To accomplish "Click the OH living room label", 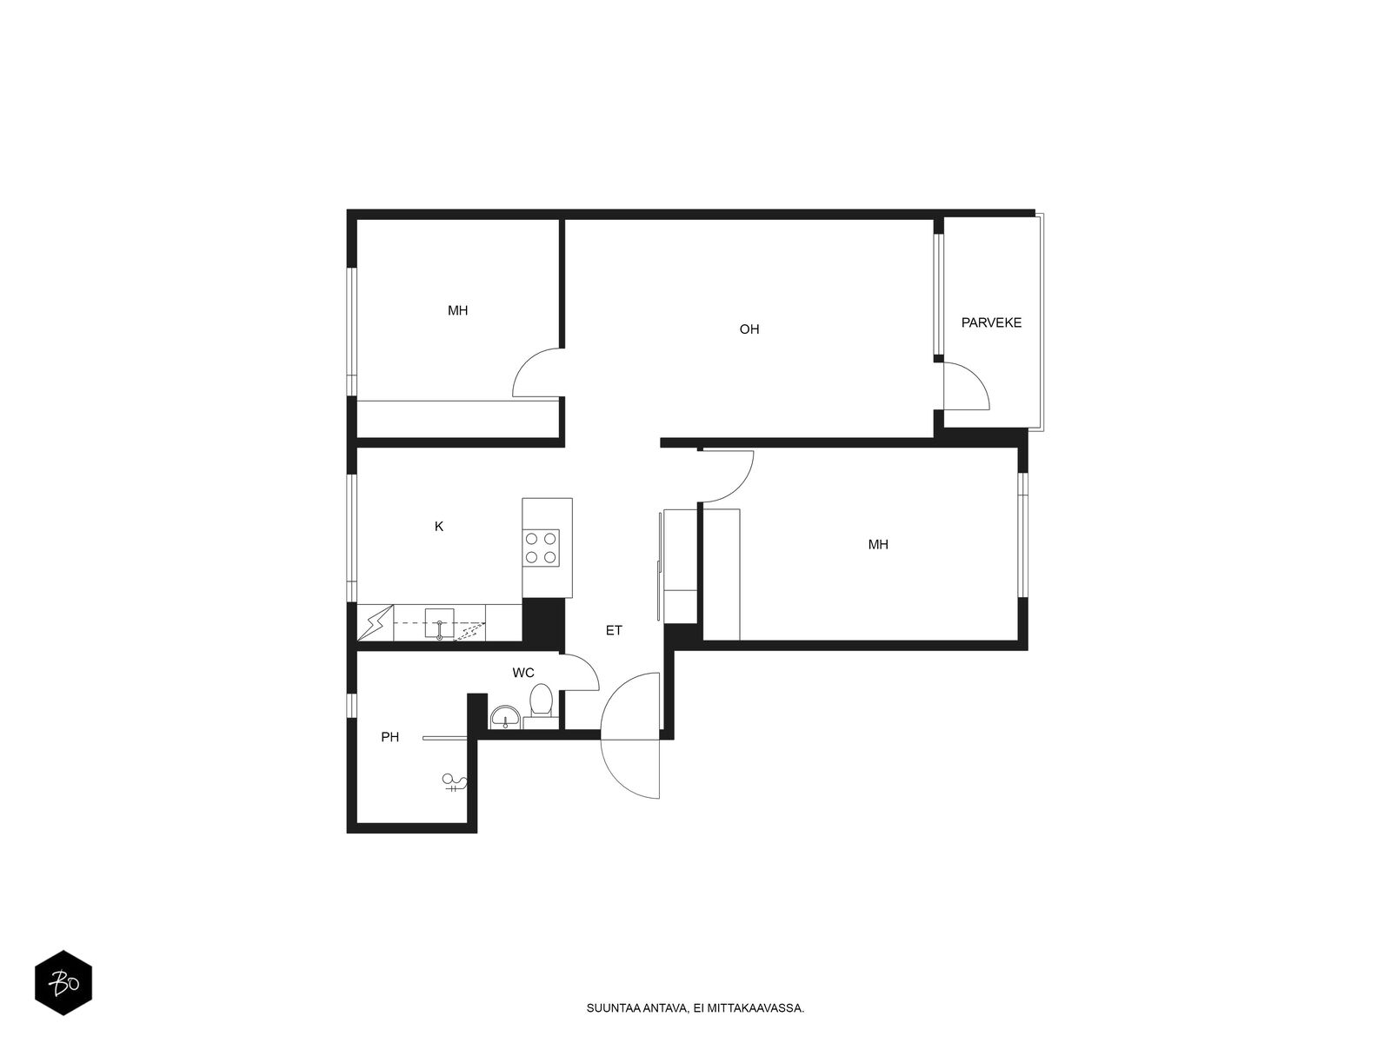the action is pos(749,329).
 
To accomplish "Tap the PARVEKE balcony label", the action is pos(991,323).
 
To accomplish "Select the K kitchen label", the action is pos(438,526).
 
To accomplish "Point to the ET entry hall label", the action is pos(614,630).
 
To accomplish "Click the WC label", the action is pos(522,673).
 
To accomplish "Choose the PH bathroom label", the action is pos(389,737).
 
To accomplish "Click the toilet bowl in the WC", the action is pos(542,701).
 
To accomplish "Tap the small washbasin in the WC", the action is pos(505,718).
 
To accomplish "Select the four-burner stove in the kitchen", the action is pos(541,548).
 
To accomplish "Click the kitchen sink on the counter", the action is pos(439,624).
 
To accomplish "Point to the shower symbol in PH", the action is pos(454,783).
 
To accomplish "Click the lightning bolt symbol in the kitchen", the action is pos(376,623).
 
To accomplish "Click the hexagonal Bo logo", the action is pos(63,983).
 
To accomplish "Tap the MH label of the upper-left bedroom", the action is pos(457,311).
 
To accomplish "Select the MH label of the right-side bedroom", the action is pos(878,545).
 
